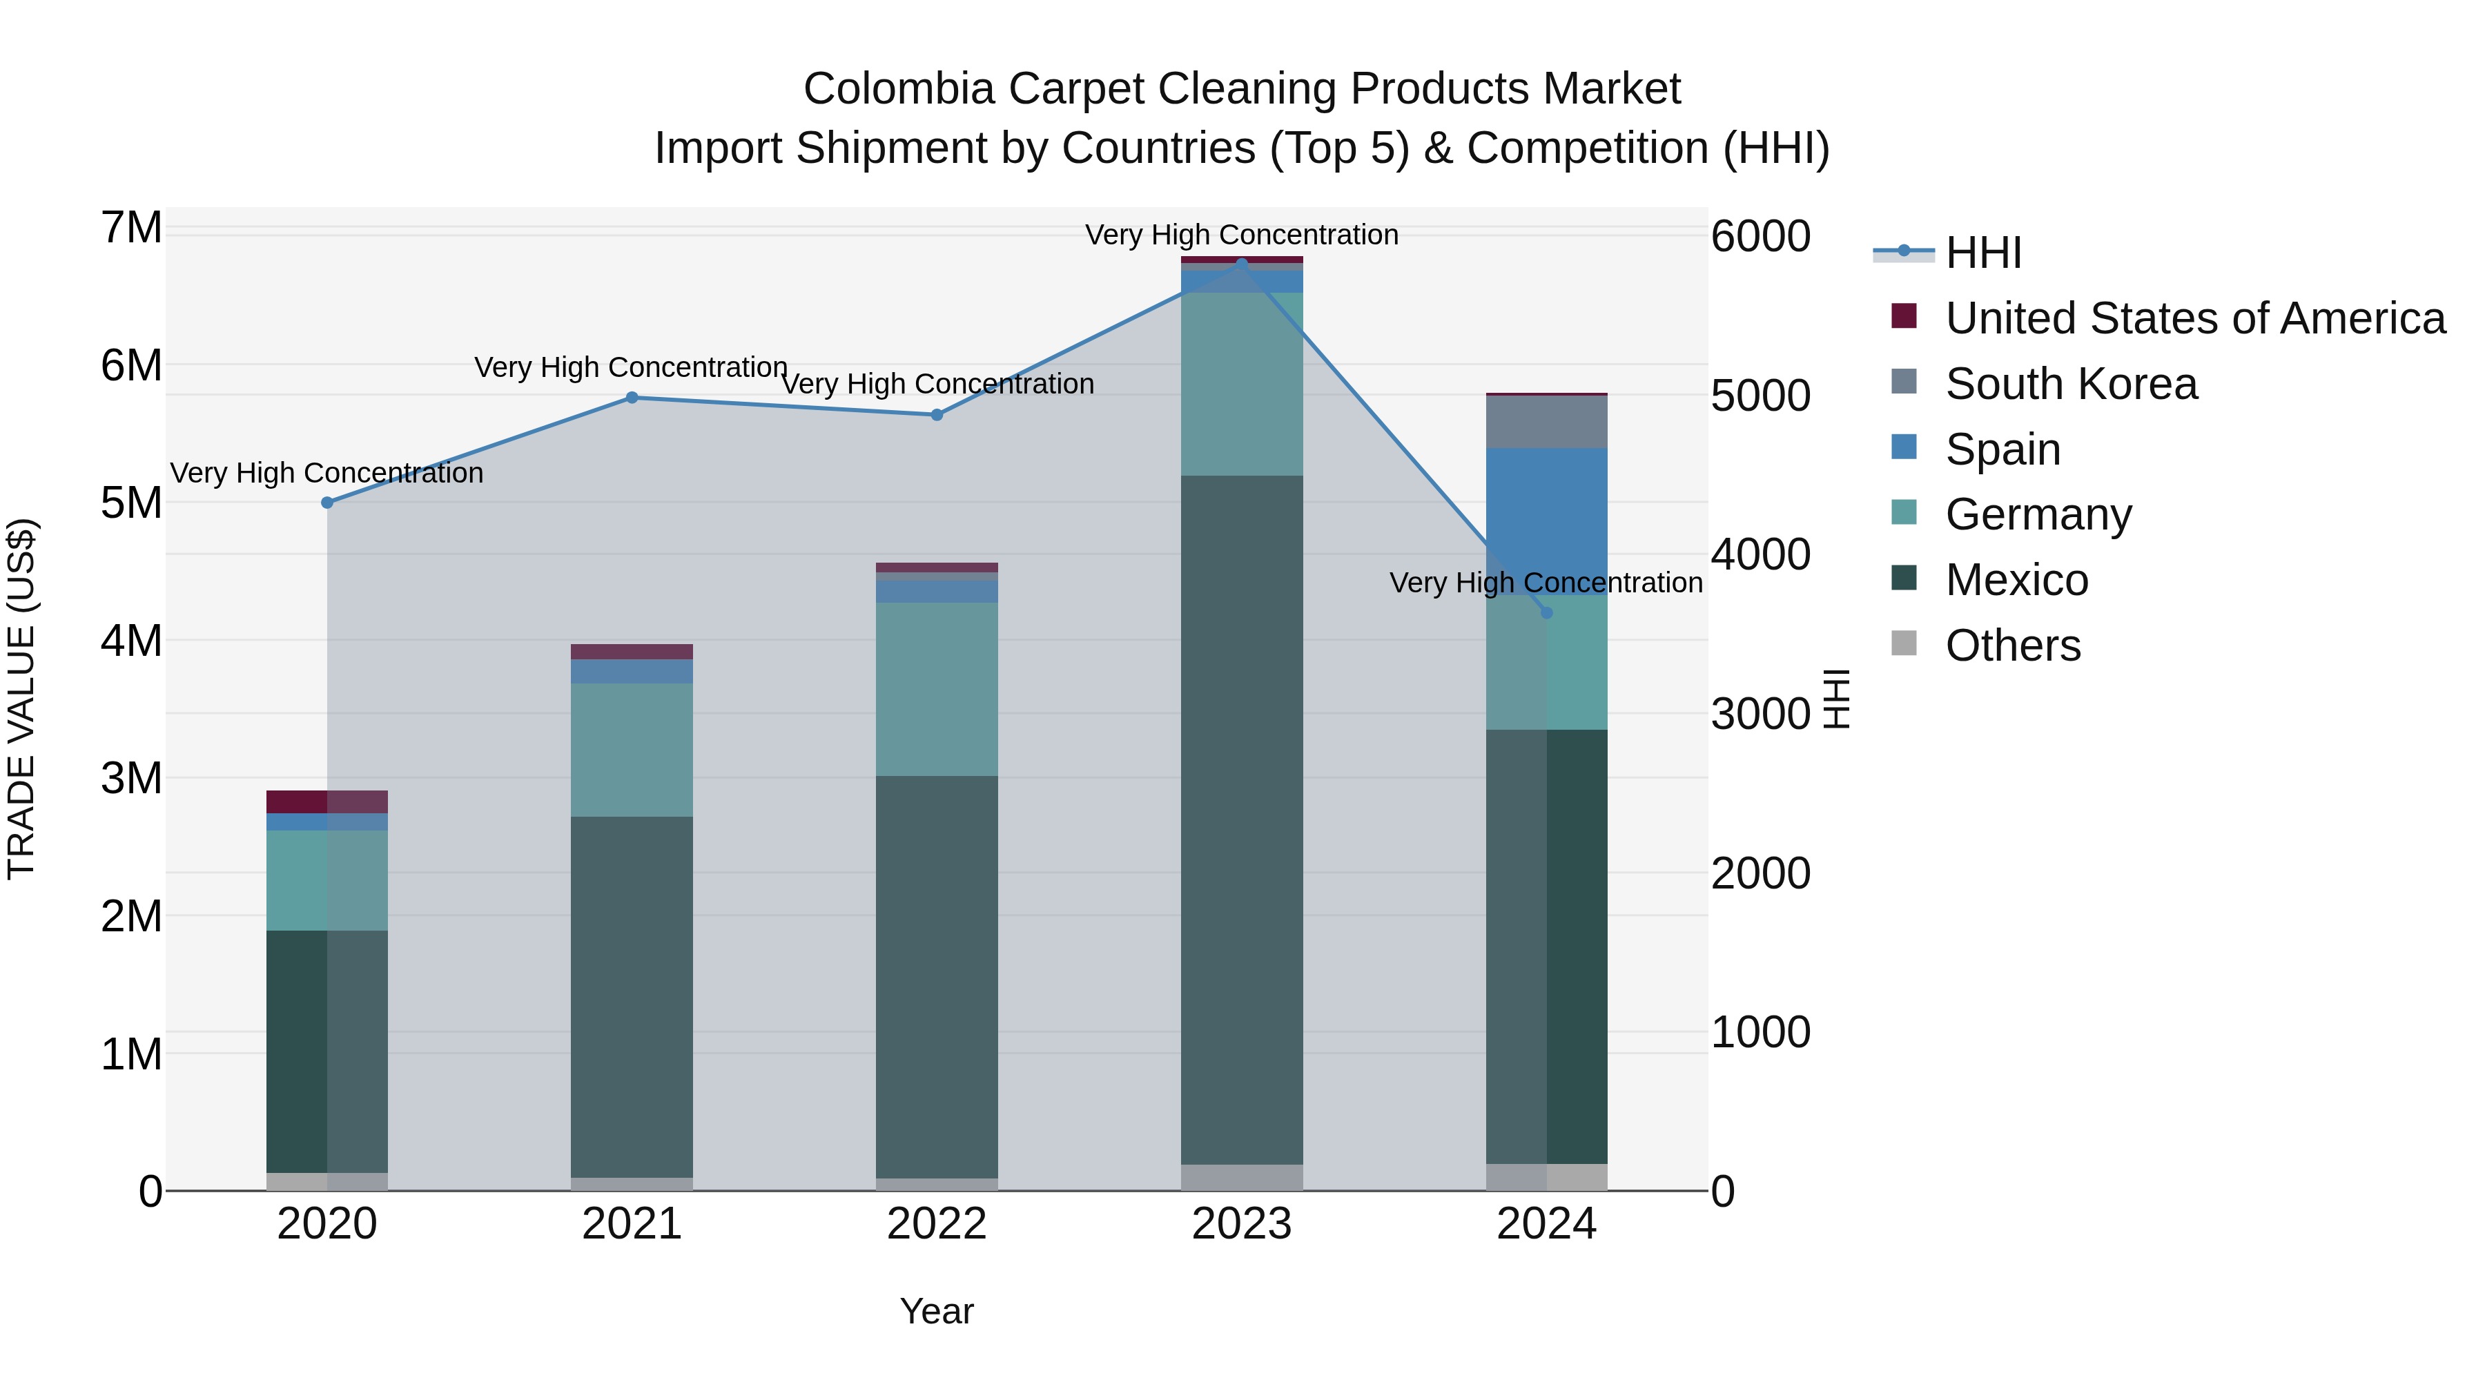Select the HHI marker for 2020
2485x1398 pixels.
tap(327, 503)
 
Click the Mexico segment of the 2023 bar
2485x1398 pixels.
tap(1242, 820)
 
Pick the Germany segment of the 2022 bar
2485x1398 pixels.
tap(937, 689)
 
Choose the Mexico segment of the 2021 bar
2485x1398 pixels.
tap(632, 997)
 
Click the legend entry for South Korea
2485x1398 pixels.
tap(2071, 384)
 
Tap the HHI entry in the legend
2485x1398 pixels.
tap(1982, 253)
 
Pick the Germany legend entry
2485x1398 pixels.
tap(2038, 515)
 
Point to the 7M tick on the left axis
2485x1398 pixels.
tap(131, 229)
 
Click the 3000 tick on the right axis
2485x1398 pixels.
tap(1760, 714)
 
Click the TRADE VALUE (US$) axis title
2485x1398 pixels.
tap(22, 699)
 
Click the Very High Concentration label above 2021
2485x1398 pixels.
tap(631, 367)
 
